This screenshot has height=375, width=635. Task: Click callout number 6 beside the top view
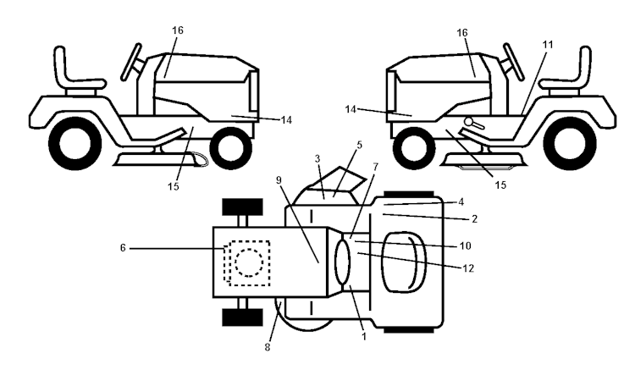(x=123, y=247)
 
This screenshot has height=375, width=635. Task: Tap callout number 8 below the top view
(x=268, y=347)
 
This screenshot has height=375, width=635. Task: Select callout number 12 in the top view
(x=467, y=268)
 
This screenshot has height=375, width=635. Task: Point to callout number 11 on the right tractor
(x=548, y=45)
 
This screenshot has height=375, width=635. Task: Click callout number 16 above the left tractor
(x=178, y=30)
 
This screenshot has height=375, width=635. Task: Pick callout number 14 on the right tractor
(x=351, y=109)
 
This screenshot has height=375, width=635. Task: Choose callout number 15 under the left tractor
(x=173, y=187)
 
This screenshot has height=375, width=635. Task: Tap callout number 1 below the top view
(x=364, y=336)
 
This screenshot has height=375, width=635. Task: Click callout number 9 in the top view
(x=279, y=179)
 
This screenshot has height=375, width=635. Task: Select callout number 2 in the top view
(x=475, y=219)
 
